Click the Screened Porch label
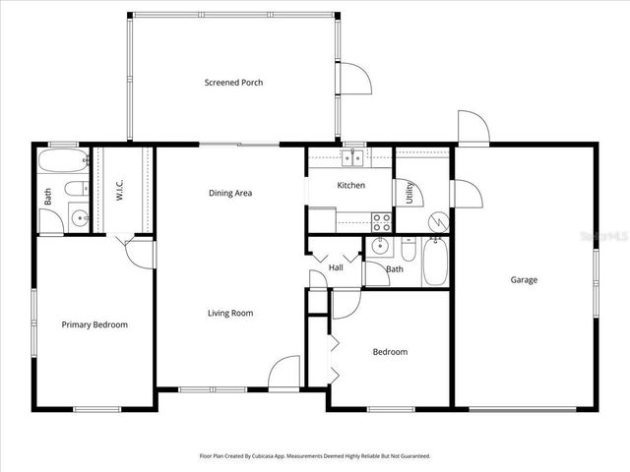pos(233,83)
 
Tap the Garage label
pos(524,280)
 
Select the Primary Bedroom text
pos(94,324)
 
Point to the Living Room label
pos(230,314)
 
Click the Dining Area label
pos(230,193)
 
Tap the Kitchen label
pos(351,185)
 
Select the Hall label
pos(336,267)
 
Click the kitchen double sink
pos(352,157)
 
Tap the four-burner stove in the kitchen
pos(381,222)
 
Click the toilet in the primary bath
pos(74,189)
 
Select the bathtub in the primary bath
pos(62,161)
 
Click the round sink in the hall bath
pos(382,247)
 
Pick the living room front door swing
pos(285,371)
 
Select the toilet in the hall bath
pos(408,248)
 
